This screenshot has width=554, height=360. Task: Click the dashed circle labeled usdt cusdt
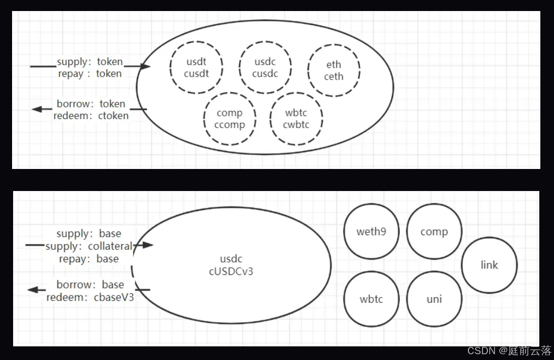[197, 68]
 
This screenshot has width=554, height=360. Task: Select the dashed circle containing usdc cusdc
[265, 68]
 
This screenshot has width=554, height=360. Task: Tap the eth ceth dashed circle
[334, 70]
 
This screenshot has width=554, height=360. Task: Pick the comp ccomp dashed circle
[230, 119]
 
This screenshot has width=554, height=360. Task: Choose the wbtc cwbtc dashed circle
[296, 119]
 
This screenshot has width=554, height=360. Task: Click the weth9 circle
[371, 231]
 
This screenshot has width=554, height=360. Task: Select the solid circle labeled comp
[434, 231]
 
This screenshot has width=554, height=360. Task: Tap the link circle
[489, 265]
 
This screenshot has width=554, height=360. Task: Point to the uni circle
[434, 299]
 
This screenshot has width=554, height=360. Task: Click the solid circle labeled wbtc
[371, 299]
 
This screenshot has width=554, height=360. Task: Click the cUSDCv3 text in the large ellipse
[231, 271]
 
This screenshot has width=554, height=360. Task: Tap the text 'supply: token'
[90, 62]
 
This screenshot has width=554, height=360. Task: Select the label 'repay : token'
[90, 74]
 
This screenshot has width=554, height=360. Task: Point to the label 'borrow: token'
[91, 103]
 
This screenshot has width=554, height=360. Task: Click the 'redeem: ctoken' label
[91, 115]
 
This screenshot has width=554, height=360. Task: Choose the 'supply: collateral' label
[89, 246]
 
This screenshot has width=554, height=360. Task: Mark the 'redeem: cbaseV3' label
[90, 298]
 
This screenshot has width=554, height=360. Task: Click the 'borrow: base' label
[90, 285]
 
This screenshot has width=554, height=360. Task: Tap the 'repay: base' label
[89, 259]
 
